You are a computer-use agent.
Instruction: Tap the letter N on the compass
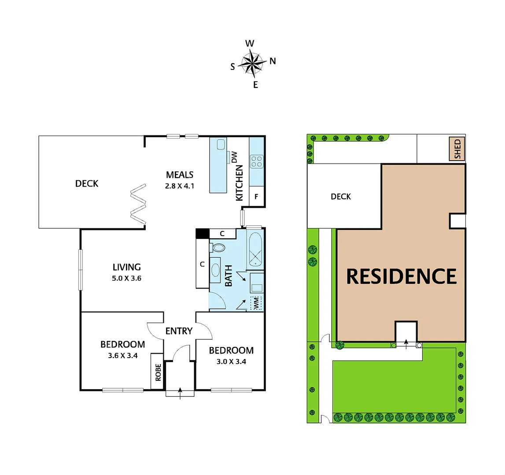click(x=273, y=61)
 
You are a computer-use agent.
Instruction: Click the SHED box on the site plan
click(x=457, y=149)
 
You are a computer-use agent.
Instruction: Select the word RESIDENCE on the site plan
click(x=401, y=276)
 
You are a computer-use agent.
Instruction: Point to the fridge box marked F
click(x=256, y=197)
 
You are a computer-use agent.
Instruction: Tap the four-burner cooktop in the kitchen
click(x=256, y=161)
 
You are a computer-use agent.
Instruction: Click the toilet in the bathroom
click(x=217, y=248)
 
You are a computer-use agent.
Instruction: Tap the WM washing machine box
click(x=256, y=303)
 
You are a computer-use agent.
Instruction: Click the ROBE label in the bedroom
click(x=158, y=371)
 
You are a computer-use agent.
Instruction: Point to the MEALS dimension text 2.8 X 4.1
click(x=180, y=186)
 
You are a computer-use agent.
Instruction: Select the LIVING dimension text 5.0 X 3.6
click(x=126, y=278)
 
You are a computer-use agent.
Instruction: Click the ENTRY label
click(x=179, y=331)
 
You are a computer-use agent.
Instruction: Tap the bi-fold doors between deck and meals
click(x=138, y=206)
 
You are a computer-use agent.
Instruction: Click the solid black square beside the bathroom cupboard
click(x=202, y=234)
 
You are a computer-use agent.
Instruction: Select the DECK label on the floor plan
click(x=87, y=183)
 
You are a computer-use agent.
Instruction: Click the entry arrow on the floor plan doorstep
click(x=180, y=393)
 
